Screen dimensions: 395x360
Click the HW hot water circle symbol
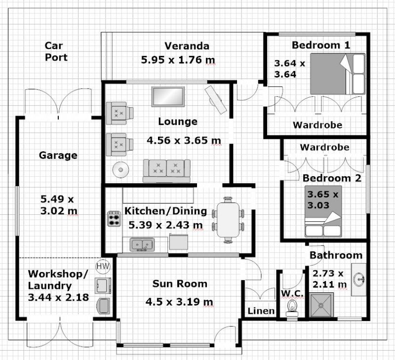[103, 266]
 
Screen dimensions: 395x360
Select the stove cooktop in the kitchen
[114, 218]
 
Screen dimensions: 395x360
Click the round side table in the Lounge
[120, 169]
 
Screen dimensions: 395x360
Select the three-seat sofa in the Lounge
[166, 170]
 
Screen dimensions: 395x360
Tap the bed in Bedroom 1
[338, 74]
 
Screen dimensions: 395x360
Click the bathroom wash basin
[359, 280]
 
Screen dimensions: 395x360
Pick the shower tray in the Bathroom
[321, 305]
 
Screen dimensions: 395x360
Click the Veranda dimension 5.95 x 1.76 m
[178, 60]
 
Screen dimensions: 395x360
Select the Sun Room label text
[180, 284]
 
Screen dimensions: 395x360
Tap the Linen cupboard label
[261, 311]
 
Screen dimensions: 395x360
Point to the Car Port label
[56, 51]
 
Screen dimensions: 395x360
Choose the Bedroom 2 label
[332, 178]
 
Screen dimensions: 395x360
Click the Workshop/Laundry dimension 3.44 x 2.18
[58, 297]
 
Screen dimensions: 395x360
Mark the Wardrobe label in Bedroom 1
[317, 125]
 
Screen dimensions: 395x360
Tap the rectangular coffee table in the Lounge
[168, 96]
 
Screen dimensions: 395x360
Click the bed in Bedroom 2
[323, 211]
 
